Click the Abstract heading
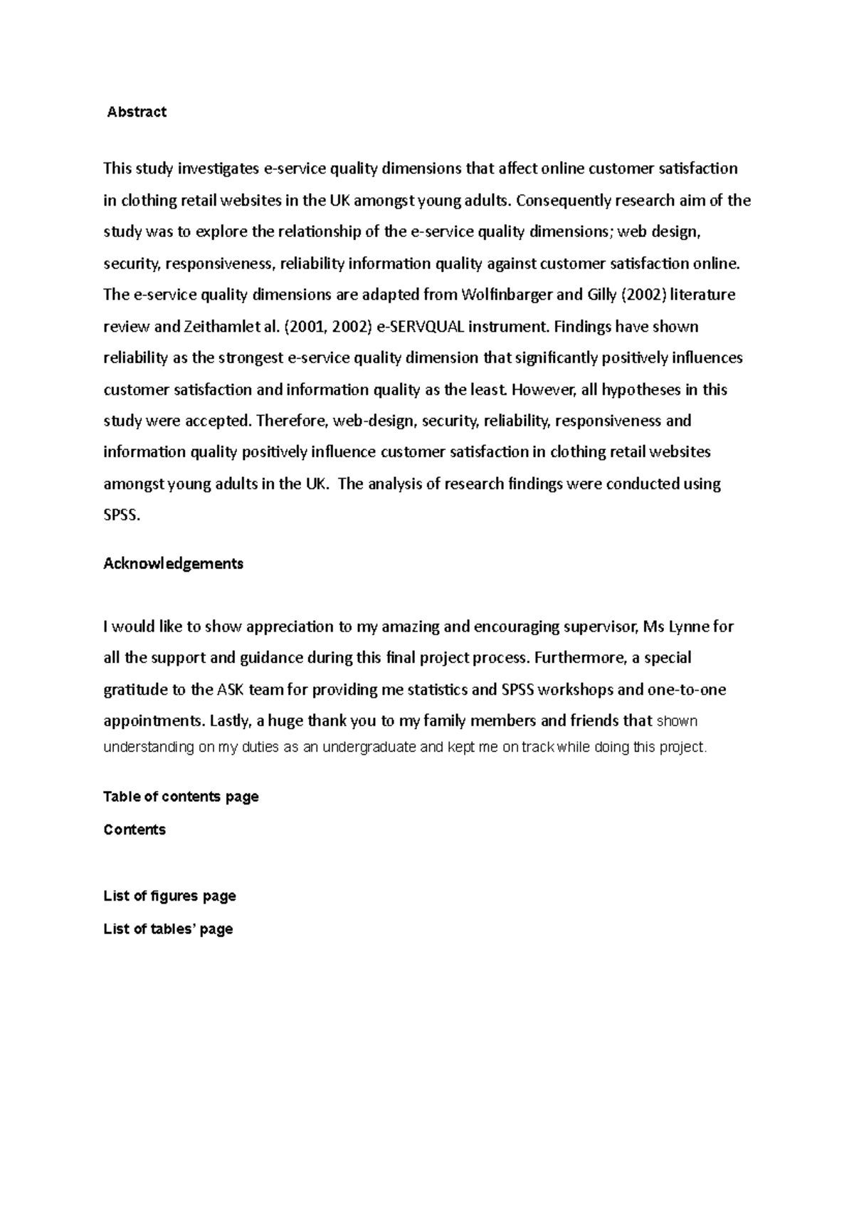(137, 112)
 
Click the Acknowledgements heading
(173, 563)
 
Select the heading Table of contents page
(181, 797)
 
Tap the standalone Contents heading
(135, 829)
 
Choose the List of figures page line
(169, 896)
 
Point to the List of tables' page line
(168, 929)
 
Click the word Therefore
(290, 421)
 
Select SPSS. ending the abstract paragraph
(122, 515)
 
